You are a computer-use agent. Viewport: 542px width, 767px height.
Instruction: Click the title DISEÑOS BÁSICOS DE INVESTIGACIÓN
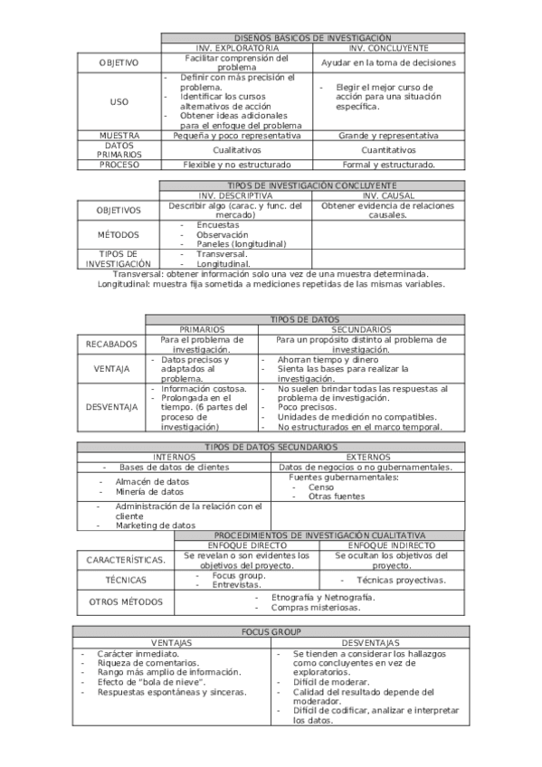tap(313, 38)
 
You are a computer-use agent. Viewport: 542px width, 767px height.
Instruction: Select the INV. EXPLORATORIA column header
tap(237, 47)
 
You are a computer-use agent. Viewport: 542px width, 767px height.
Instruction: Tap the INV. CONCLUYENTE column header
tap(389, 47)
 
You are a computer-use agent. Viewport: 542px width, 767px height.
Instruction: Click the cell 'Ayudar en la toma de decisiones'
tap(389, 63)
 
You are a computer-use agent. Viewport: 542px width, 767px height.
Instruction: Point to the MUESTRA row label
tap(119, 135)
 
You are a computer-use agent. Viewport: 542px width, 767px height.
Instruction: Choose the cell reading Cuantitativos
tap(389, 150)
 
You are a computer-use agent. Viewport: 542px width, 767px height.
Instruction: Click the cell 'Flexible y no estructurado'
tap(237, 165)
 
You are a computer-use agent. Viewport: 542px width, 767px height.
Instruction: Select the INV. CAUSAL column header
tap(388, 195)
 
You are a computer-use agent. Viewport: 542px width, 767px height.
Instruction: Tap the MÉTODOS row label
tap(119, 234)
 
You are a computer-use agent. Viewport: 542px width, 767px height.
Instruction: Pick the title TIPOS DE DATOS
tap(305, 319)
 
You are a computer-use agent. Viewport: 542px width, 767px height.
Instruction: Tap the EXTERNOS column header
tap(369, 457)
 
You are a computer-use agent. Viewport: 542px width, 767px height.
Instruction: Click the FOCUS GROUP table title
tap(271, 631)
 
